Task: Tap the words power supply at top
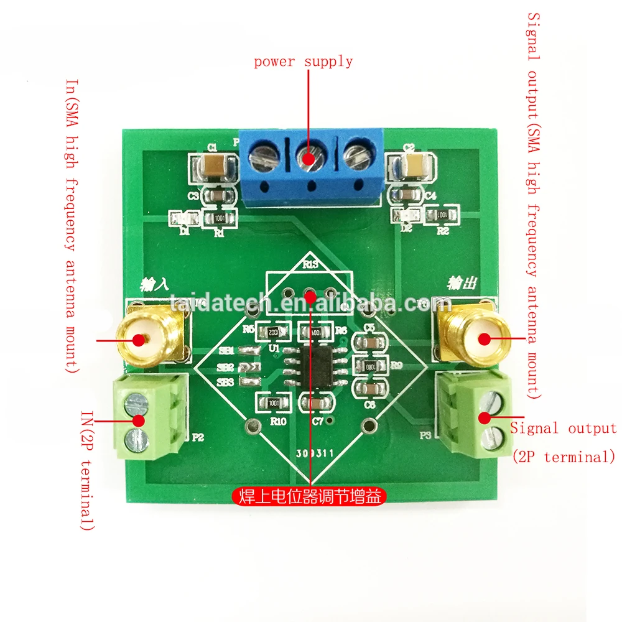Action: (303, 61)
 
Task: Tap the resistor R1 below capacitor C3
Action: (219, 218)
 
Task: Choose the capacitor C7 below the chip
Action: (317, 404)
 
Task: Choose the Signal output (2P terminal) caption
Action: (563, 442)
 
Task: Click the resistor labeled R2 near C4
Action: (442, 215)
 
